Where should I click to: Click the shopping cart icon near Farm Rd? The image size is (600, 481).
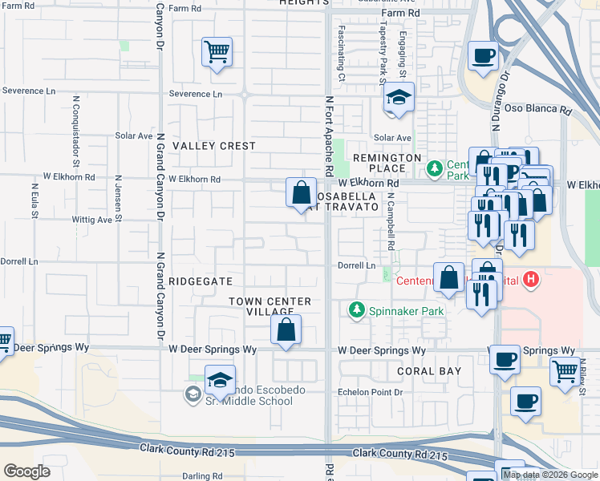tap(217, 53)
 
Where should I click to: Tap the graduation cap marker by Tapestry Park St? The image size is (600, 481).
tap(398, 99)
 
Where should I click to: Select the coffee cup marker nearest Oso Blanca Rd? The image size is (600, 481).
tap(484, 56)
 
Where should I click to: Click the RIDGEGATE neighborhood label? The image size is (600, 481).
tap(201, 281)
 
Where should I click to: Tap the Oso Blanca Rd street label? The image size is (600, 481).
tap(542, 111)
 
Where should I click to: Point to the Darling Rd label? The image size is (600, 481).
tap(202, 476)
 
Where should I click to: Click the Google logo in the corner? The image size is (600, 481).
tap(26, 471)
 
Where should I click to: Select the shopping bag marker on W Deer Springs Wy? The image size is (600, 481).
tap(286, 329)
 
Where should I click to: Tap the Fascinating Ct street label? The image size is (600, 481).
tap(341, 63)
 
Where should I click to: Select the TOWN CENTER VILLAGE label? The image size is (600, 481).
tap(269, 306)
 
